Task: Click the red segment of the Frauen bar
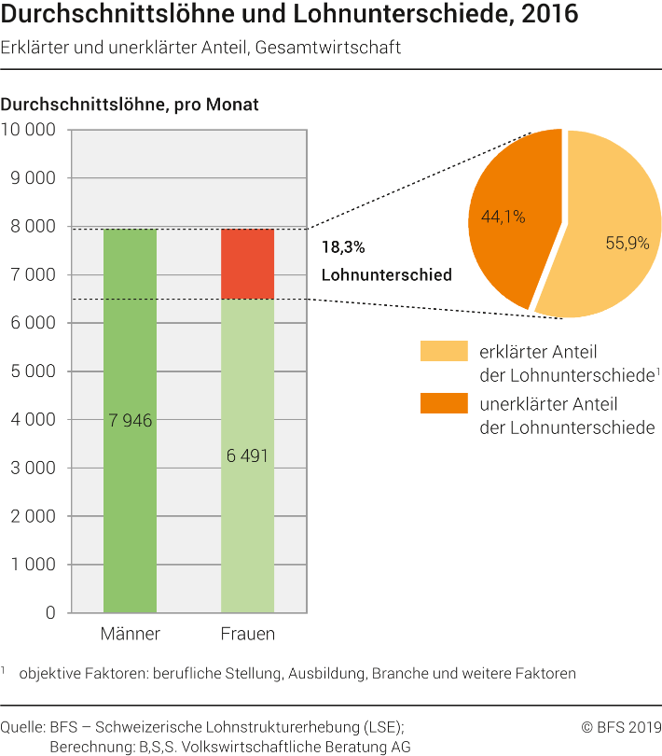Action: tap(247, 263)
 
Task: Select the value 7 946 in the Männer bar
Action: tap(130, 421)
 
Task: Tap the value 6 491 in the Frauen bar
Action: tap(247, 456)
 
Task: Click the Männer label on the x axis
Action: tap(130, 635)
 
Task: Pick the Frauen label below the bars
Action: tap(247, 635)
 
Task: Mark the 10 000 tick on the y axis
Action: tap(30, 130)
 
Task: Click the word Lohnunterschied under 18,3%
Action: tap(386, 275)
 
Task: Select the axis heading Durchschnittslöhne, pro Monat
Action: tap(130, 105)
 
